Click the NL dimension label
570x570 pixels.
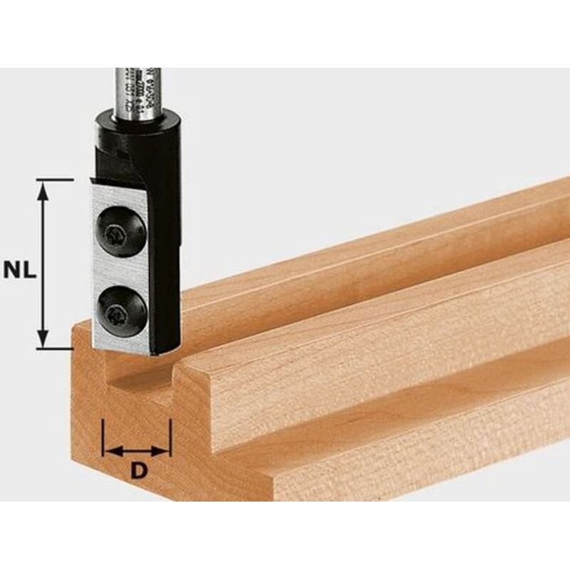20,269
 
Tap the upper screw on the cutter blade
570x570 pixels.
118,231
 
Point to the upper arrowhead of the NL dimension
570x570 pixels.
43,187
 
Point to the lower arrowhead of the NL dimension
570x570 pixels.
43,341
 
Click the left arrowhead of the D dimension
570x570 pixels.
109,451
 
